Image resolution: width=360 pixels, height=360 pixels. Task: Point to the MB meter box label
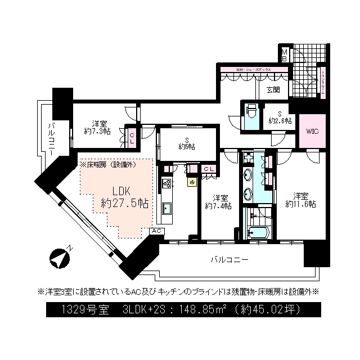click(x=285, y=55)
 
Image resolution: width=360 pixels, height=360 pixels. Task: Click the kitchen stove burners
click(x=166, y=183)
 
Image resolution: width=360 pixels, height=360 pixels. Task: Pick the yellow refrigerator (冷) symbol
click(x=192, y=182)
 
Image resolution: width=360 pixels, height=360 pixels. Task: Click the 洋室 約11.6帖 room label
click(x=300, y=200)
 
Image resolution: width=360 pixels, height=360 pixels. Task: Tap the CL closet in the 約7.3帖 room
click(x=131, y=137)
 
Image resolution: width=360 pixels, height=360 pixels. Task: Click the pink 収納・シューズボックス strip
click(x=254, y=70)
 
